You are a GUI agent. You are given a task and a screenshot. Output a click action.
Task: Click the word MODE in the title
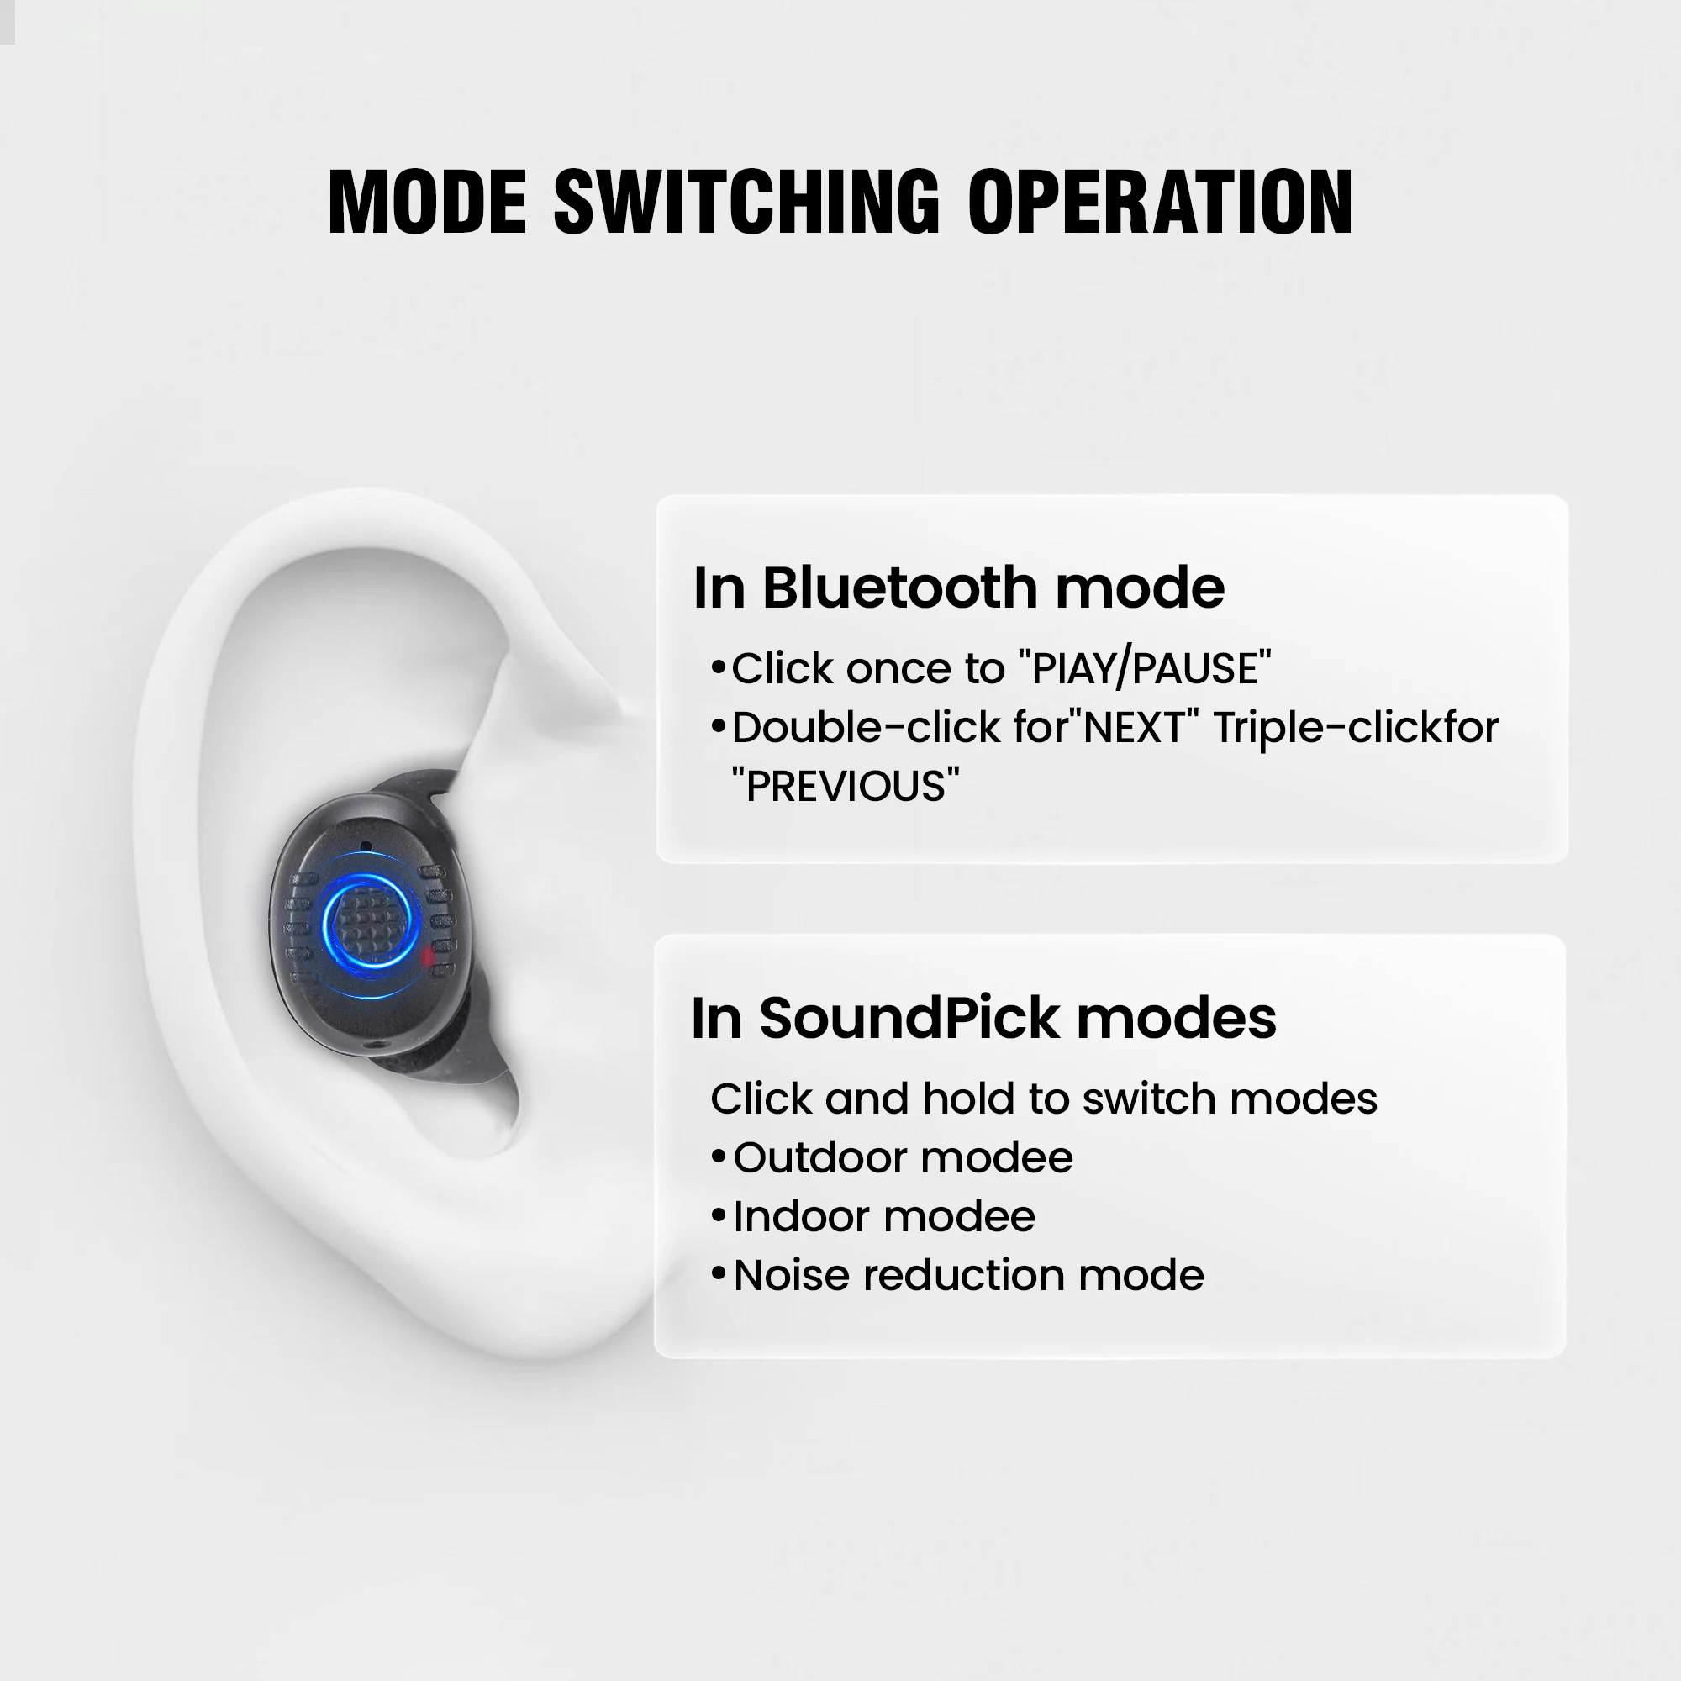pos(427,202)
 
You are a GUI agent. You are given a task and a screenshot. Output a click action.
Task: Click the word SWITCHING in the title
pos(746,202)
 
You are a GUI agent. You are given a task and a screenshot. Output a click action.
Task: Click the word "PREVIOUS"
pos(846,787)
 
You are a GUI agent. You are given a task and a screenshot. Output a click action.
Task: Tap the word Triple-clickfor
pos(1356,727)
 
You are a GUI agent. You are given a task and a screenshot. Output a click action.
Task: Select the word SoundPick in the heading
pos(909,1017)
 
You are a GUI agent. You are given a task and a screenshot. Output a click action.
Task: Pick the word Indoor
pos(807,1217)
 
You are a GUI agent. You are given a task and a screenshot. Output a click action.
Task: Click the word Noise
pos(791,1276)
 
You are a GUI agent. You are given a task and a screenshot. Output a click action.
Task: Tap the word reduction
pos(964,1276)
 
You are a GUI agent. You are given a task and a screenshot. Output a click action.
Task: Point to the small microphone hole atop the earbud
pos(366,846)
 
